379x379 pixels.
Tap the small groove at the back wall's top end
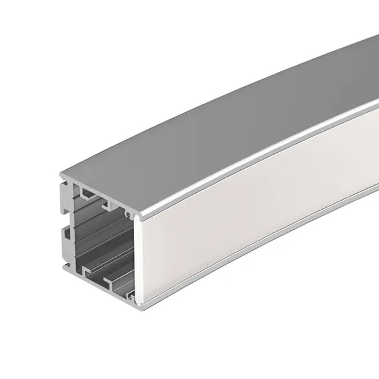pos(65,185)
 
